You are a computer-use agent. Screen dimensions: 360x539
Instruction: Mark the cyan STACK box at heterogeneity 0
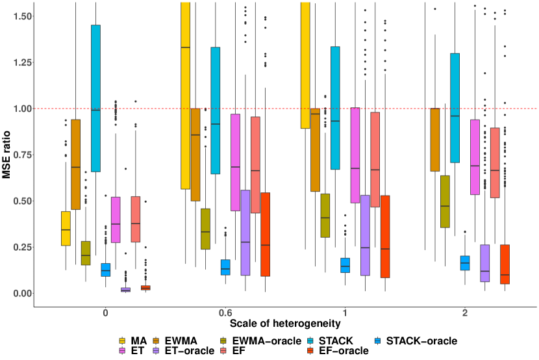[x=95, y=98]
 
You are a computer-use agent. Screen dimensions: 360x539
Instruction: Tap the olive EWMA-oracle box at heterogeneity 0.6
[x=205, y=229]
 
